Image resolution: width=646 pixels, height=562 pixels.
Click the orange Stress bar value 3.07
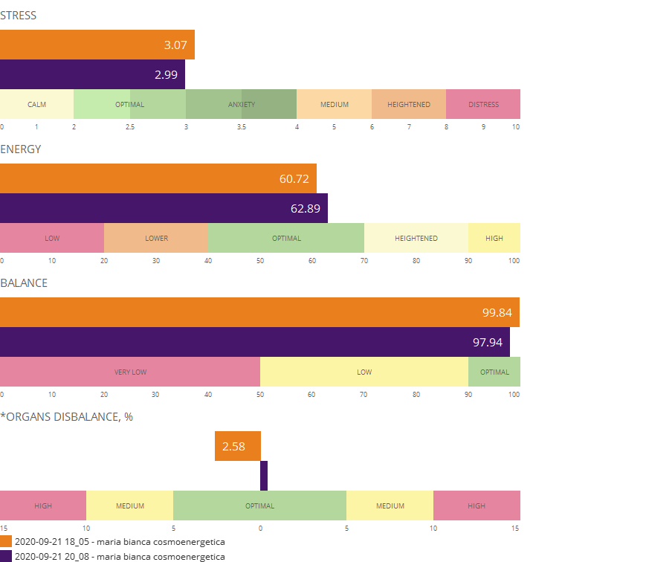pos(175,45)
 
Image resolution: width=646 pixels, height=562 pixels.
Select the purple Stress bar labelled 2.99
pos(166,74)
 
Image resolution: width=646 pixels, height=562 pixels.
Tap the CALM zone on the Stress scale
pos(36,104)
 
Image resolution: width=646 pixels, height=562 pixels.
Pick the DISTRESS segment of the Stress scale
pos(483,104)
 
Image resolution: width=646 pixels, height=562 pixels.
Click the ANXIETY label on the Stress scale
pos(241,104)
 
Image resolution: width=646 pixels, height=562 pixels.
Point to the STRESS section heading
pos(19,16)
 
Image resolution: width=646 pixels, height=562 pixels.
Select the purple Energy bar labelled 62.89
pos(305,208)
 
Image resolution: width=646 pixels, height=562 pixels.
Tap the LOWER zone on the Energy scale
pos(156,238)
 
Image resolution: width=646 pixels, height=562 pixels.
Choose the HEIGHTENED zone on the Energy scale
pos(416,238)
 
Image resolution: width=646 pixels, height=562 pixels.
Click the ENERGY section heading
pos(21,149)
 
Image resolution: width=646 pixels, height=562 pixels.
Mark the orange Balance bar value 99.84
pos(497,313)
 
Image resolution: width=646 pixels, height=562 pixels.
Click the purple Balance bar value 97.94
pos(488,342)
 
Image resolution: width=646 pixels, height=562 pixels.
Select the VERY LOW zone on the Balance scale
pos(130,372)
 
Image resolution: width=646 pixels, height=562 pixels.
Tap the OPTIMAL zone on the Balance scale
pos(494,372)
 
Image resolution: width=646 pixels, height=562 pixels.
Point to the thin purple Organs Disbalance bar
pos(264,476)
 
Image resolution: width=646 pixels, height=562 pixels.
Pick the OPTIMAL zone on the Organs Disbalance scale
pos(260,506)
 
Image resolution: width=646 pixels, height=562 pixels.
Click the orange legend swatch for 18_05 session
pos(6,542)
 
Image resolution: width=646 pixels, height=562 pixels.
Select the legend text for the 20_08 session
pos(120,556)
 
